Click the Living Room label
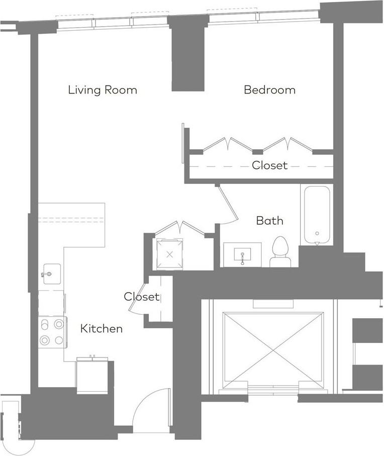pos(103,90)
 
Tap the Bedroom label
pos(269,89)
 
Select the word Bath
pos(269,220)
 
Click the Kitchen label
pos(101,329)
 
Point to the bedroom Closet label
pos(269,165)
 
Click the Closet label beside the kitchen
pos(142,297)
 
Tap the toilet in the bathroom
pos(280,252)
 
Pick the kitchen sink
pos(52,273)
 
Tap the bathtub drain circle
pos(317,233)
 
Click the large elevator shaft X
pos(273,350)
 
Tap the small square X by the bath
pos(170,255)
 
